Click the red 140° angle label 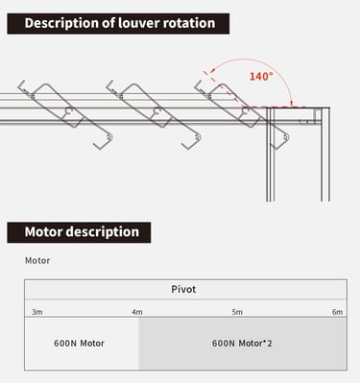coord(261,77)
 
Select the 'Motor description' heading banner coord(79,232)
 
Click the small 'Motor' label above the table coord(37,260)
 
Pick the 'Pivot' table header coord(183,289)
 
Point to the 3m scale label coord(37,312)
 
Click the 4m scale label coord(137,312)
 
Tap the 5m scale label coord(237,312)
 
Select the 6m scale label coord(337,312)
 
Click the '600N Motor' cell coord(79,344)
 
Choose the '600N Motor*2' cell coord(242,344)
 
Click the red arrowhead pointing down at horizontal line coord(292,103)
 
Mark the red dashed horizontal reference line coord(274,107)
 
